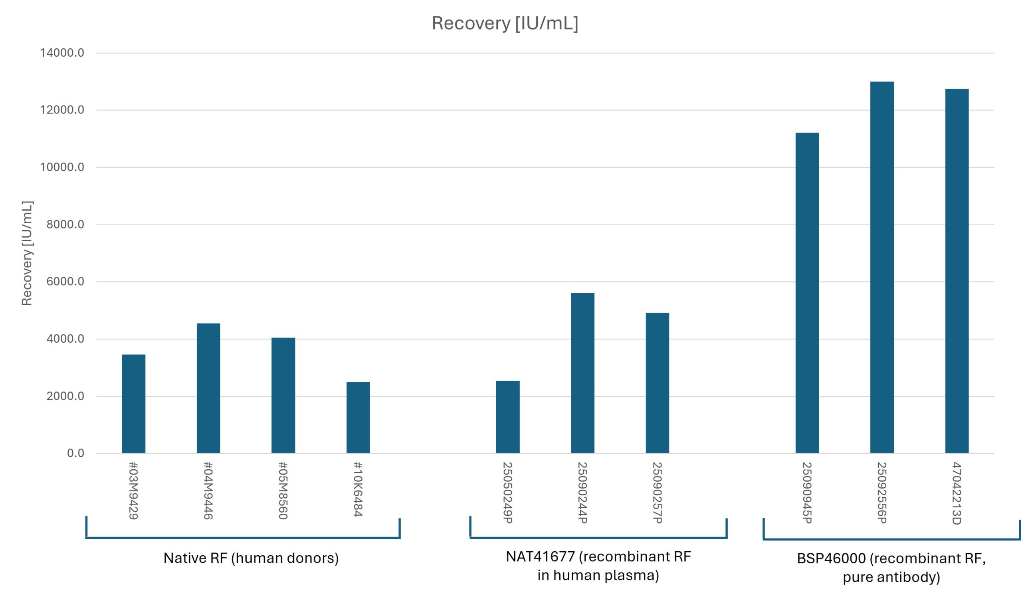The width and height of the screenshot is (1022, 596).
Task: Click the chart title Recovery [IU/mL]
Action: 505,23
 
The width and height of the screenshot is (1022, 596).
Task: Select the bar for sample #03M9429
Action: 133,404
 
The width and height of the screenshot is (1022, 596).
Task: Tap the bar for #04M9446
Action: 208,388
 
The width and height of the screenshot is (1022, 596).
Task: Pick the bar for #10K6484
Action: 358,417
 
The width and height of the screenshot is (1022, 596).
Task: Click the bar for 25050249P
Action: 507,417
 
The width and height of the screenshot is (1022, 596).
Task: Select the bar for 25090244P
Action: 582,373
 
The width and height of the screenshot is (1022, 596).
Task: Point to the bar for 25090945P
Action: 807,292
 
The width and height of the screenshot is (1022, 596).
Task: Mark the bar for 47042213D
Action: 957,270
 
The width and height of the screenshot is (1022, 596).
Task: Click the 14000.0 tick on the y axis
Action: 62,53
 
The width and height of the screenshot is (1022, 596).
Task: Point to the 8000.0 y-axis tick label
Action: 65,224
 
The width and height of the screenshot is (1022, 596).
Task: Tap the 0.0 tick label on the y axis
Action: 75,453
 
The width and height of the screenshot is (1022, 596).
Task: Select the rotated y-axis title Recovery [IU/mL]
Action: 27,253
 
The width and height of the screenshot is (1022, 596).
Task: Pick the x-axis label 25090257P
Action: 657,493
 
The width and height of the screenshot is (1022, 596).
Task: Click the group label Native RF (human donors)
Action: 251,558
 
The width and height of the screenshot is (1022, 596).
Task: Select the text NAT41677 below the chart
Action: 540,556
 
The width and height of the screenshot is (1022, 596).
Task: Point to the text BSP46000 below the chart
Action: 832,558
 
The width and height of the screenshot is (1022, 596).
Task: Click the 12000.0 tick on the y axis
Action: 62,110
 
